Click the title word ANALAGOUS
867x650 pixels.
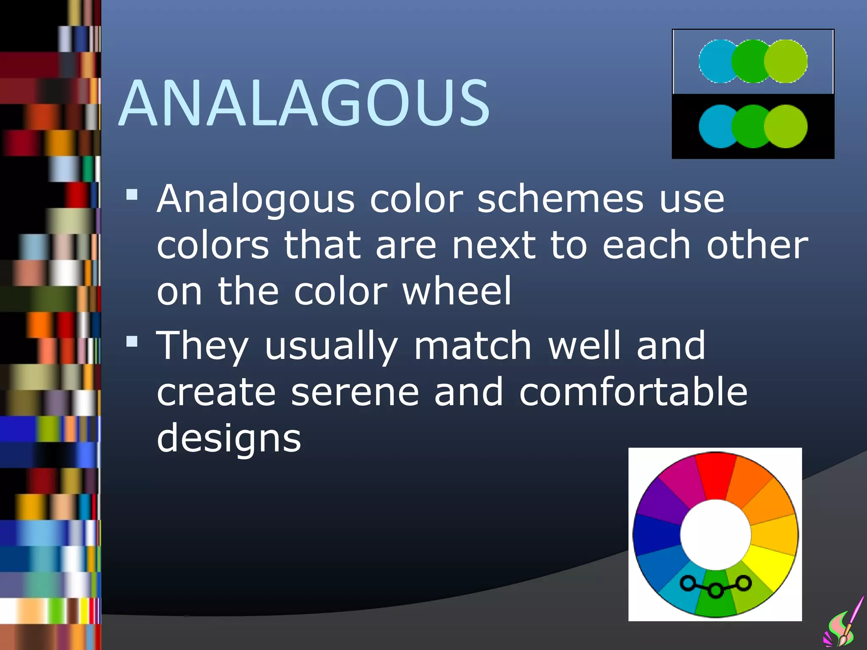[304, 104]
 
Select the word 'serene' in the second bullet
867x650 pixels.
[355, 392]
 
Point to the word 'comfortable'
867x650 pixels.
[633, 392]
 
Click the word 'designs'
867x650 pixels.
[229, 438]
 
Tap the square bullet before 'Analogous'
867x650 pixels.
[132, 195]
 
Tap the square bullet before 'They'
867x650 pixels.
[132, 341]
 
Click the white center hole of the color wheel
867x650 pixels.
[715, 535]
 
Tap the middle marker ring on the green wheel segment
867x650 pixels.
[715, 590]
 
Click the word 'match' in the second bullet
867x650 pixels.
[472, 346]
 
